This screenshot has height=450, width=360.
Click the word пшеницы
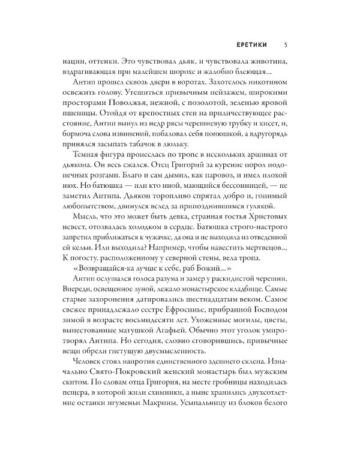pos(80,116)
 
